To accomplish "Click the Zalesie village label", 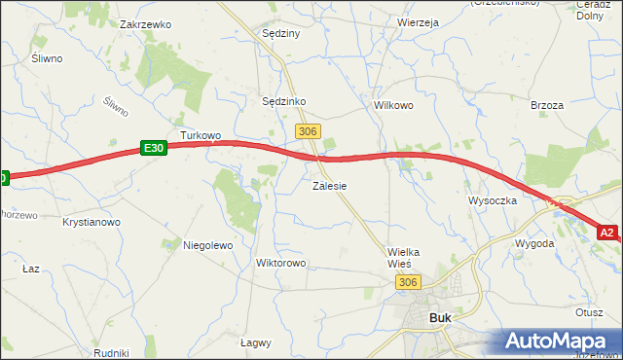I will (x=330, y=185).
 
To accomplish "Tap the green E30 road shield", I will (x=153, y=148).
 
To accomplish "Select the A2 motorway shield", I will (x=607, y=233).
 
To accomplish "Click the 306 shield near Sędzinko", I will (x=308, y=130).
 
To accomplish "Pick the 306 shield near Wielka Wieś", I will (x=409, y=281).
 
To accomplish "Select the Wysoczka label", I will (x=491, y=201).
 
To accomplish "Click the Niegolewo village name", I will (x=208, y=246).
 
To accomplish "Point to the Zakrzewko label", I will (x=145, y=23).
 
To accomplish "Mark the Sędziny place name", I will (x=281, y=33).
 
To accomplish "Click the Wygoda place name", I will (x=534, y=243).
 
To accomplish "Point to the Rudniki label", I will (x=112, y=353).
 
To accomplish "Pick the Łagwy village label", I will (x=255, y=342).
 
